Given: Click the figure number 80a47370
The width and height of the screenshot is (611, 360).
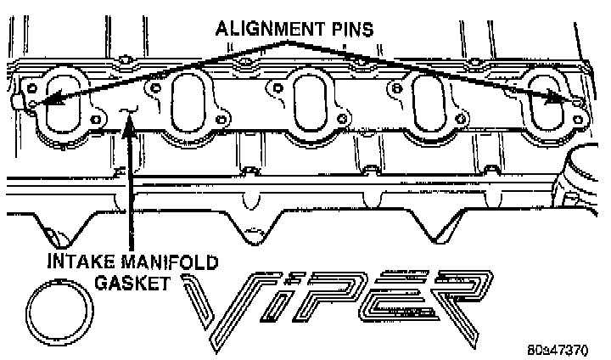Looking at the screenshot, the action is (563, 349).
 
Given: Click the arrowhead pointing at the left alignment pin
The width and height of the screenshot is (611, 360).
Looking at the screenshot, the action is (40, 104).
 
